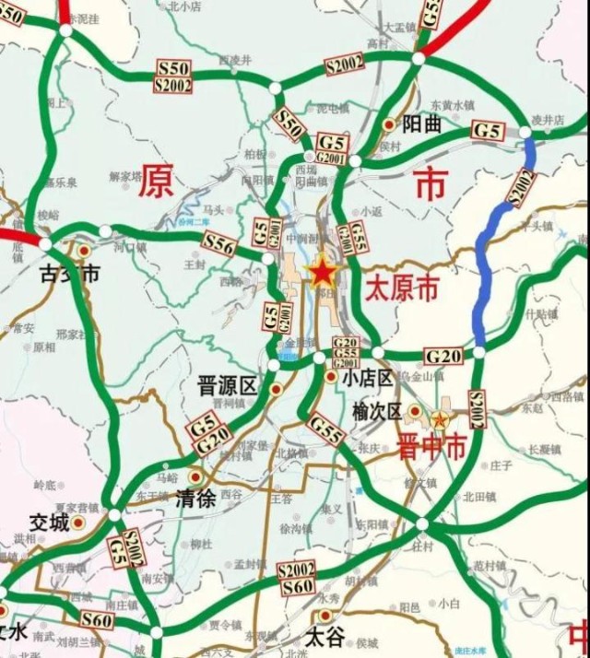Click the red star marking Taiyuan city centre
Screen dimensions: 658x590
pos(322,272)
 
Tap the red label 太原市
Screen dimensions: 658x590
pos(401,288)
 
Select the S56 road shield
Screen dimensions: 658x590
pos(219,244)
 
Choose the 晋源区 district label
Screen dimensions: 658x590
pos(227,385)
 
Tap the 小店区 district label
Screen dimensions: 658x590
pos(367,377)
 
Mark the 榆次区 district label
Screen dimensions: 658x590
pos(377,412)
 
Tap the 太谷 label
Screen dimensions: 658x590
pos(325,636)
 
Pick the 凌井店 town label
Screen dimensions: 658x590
pos(548,121)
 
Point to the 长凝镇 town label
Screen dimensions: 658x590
pos(545,450)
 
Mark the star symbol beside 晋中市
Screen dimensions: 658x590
pos(440,420)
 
